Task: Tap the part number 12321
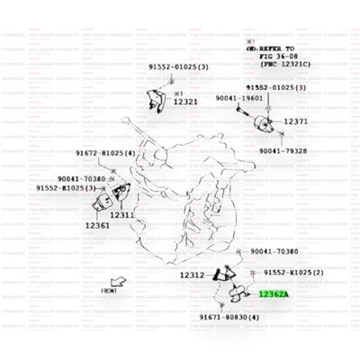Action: tap(185, 102)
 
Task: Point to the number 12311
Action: tap(123, 215)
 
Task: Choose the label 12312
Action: tap(193, 274)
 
